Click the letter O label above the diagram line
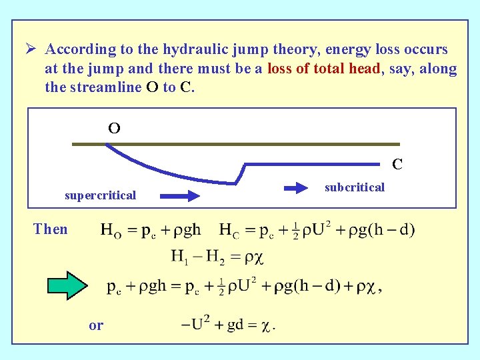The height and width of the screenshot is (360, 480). [x=114, y=129]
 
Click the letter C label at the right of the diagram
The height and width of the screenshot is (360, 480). [x=397, y=164]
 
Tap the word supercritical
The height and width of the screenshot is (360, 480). [x=100, y=195]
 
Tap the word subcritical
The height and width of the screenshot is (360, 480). [x=355, y=187]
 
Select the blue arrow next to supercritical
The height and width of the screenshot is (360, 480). [x=179, y=195]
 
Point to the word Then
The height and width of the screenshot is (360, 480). [x=51, y=229]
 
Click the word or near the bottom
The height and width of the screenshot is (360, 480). [x=96, y=325]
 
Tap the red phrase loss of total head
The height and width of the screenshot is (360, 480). [x=324, y=69]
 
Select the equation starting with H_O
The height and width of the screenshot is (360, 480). [x=151, y=231]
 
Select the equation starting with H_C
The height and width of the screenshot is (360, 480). [x=317, y=231]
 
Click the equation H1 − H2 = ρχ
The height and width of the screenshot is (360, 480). [x=217, y=257]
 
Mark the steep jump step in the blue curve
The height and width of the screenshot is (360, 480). [x=241, y=173]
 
